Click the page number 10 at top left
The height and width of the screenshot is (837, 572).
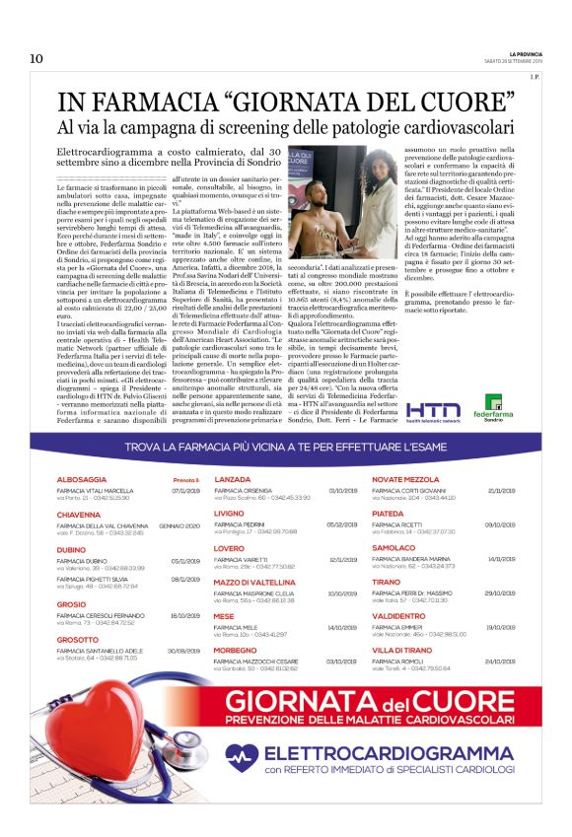tap(36, 59)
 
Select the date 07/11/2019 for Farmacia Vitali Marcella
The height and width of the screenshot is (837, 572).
tap(185, 490)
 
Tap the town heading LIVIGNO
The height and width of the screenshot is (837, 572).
tap(230, 514)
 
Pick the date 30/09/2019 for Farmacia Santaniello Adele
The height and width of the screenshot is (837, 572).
tap(185, 652)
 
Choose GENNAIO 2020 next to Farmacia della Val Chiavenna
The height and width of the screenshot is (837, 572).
tap(179, 526)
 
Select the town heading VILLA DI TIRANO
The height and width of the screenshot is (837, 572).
tap(402, 651)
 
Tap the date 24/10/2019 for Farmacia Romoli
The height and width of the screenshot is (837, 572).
tap(501, 662)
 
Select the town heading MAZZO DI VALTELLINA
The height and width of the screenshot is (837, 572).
tap(257, 583)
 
